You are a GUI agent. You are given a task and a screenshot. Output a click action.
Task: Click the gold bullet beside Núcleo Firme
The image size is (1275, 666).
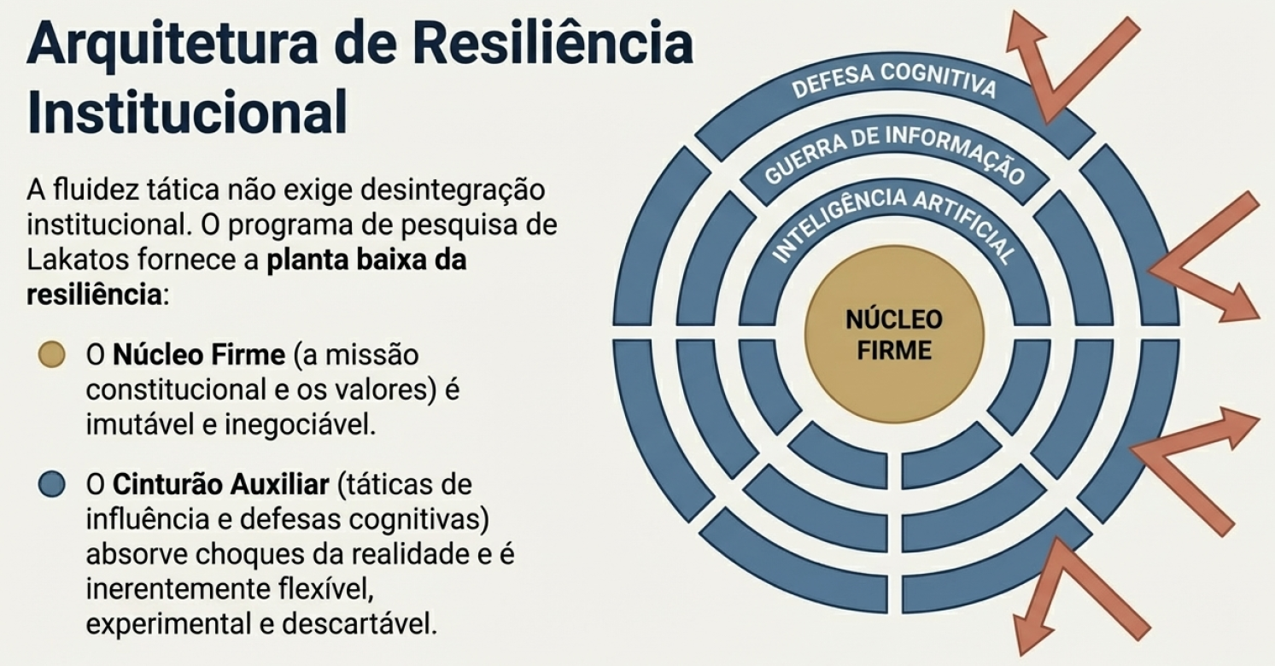tap(52, 354)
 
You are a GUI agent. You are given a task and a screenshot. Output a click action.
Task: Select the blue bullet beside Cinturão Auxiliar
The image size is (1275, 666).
tap(52, 484)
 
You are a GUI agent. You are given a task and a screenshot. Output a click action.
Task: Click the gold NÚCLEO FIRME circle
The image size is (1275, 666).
tap(893, 335)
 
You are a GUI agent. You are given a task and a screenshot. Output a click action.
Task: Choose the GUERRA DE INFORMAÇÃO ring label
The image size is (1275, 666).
tap(894, 153)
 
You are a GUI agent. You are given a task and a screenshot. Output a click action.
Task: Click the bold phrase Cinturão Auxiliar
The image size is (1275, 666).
tap(221, 485)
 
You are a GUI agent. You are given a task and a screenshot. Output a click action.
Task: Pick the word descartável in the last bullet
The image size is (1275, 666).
tap(360, 624)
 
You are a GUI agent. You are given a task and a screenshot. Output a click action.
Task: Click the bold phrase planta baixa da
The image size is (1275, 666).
tap(367, 260)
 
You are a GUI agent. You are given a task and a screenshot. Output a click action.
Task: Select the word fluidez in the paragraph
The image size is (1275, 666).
tap(97, 190)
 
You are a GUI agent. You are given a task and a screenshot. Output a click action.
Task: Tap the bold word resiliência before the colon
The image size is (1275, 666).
tap(95, 295)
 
